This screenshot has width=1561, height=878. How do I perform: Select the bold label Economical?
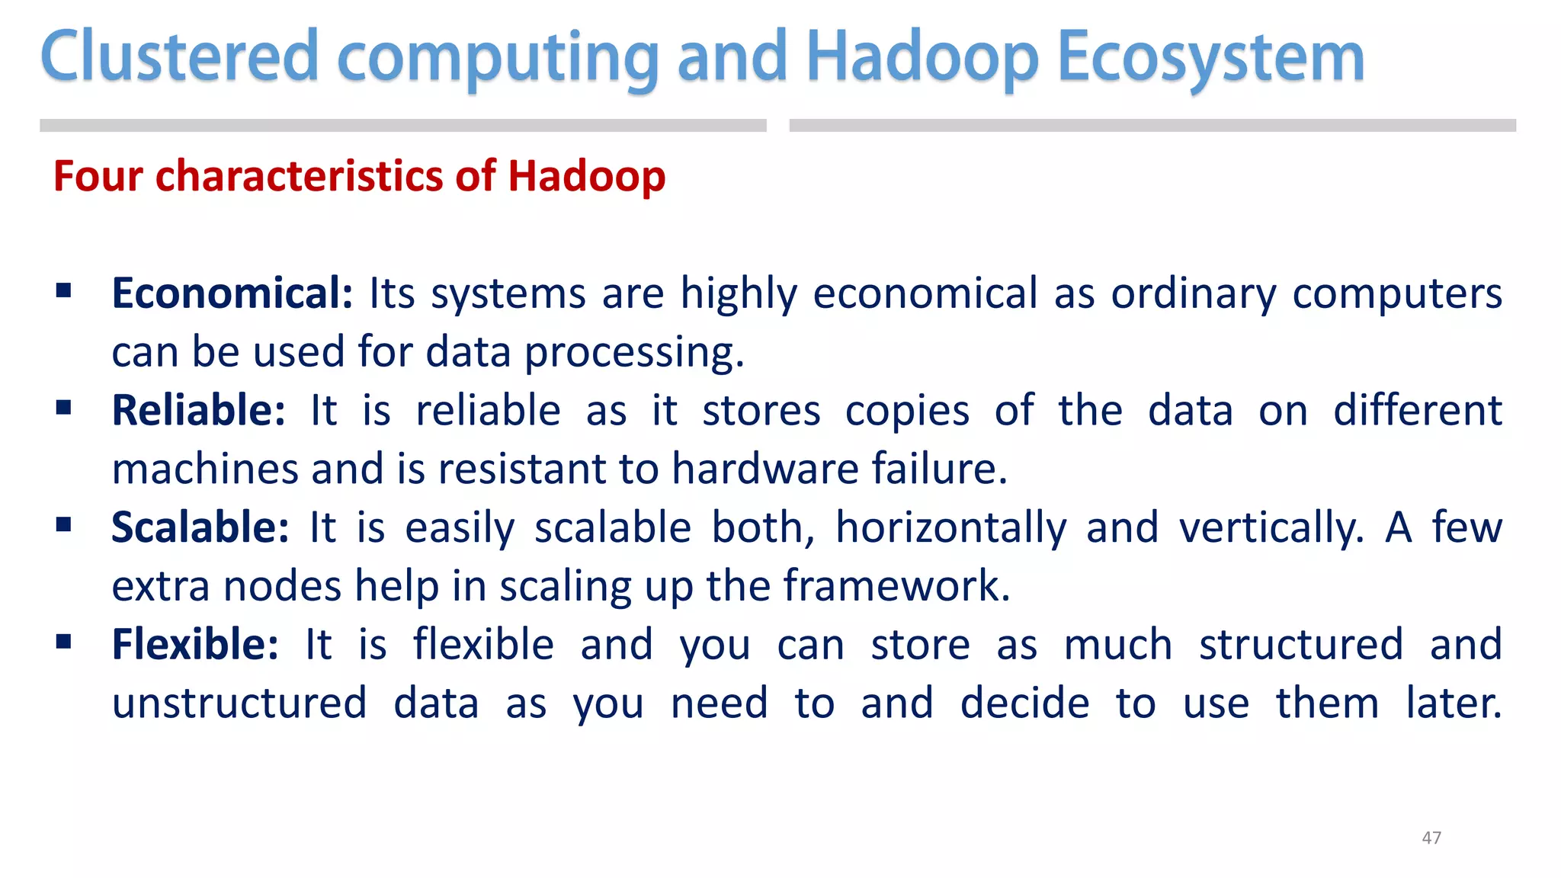click(x=232, y=293)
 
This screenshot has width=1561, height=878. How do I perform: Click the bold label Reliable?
click(x=198, y=411)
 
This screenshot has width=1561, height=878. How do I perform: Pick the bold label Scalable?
click(x=200, y=527)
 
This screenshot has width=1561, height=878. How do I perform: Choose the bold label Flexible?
click(x=195, y=645)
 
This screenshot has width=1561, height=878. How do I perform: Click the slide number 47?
click(x=1431, y=838)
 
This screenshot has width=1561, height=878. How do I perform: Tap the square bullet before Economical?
click(x=64, y=290)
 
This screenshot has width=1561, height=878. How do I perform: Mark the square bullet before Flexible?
click(x=64, y=642)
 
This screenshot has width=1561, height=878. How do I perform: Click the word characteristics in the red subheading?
click(x=300, y=177)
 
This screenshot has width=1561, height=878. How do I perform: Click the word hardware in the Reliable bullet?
click(x=765, y=469)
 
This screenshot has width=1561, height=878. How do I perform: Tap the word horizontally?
click(x=951, y=529)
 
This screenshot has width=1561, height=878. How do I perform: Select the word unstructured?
click(x=239, y=703)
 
